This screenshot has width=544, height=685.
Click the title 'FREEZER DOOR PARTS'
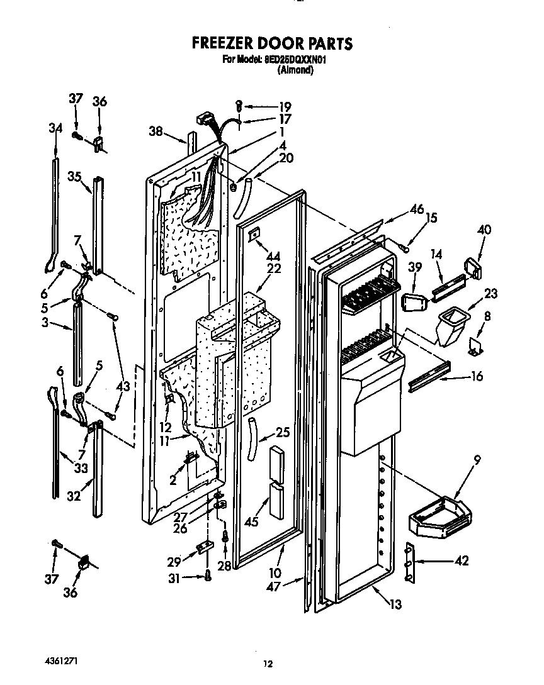pos(271,43)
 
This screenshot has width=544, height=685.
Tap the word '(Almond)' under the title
pos(295,70)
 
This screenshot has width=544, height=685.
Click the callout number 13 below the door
pos(395,604)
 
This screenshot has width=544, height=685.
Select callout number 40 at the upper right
pos(484,230)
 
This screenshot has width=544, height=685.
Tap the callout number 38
pos(156,132)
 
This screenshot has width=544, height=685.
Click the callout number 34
pos(55,128)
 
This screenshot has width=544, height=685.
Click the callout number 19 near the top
pos(285,106)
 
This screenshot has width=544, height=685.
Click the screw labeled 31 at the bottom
pos(208,576)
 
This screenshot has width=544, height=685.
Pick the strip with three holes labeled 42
pos(409,562)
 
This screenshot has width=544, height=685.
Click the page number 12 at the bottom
pos(268,664)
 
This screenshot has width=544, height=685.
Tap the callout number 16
pos(476,376)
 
